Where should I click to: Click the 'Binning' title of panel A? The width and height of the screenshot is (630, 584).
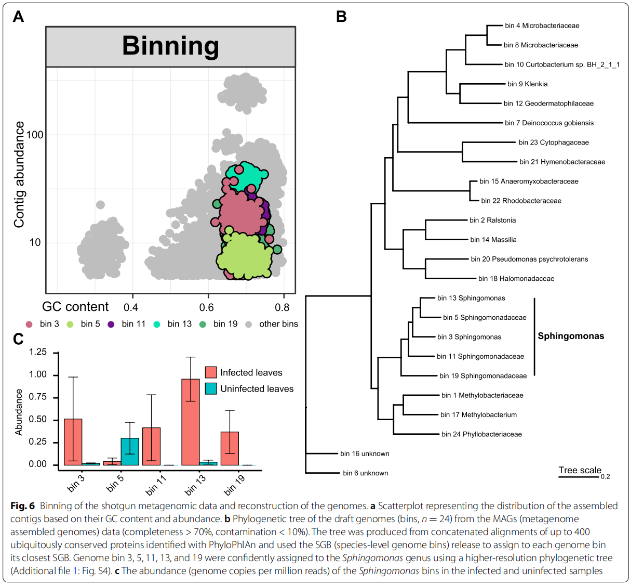click(170, 46)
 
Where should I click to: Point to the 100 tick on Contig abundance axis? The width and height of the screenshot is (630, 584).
click(35, 135)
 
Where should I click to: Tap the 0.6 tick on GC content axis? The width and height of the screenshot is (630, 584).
click(207, 307)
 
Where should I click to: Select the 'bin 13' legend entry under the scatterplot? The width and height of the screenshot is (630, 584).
click(179, 324)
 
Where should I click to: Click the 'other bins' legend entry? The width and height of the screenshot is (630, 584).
click(278, 324)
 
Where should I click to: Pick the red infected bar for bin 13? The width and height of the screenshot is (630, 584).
click(191, 422)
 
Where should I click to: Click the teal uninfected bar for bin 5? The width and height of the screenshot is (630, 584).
click(130, 451)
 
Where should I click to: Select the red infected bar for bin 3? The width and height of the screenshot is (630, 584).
click(73, 442)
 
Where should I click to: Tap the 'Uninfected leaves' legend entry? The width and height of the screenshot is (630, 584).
click(257, 389)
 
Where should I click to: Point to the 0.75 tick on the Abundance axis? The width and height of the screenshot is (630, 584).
click(37, 397)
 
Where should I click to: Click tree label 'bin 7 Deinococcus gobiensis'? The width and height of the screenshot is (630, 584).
click(549, 123)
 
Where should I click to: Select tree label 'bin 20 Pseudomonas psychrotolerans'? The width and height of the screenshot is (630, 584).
click(529, 259)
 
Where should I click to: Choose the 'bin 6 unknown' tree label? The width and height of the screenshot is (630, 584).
click(365, 473)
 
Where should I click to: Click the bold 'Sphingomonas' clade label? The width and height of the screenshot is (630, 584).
click(571, 336)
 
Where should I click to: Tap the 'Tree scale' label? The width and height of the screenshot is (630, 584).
click(580, 470)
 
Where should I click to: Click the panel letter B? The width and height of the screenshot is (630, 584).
click(341, 17)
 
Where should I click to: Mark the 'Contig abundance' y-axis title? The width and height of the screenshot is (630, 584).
click(19, 174)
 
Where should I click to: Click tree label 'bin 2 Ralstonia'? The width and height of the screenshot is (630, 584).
click(492, 220)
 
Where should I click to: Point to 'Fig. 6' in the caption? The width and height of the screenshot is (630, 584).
click(22, 506)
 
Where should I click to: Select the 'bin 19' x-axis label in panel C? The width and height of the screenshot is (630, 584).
click(234, 485)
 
